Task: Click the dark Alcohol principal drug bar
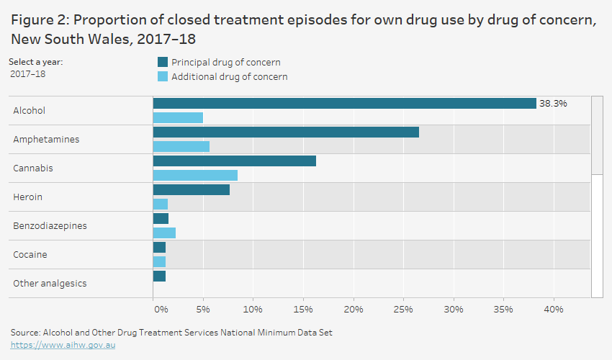pyautogui.click(x=344, y=104)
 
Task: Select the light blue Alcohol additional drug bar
pyautogui.click(x=178, y=117)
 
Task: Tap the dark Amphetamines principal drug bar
pyautogui.click(x=286, y=132)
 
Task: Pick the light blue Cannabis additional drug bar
pyautogui.click(x=195, y=175)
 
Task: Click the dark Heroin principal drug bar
pyautogui.click(x=192, y=190)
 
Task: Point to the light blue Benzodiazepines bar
pyautogui.click(x=164, y=233)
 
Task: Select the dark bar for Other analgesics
pyautogui.click(x=159, y=276)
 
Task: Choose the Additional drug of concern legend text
pyautogui.click(x=229, y=77)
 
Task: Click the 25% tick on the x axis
pyautogui.click(x=403, y=310)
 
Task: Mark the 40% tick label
pyautogui.click(x=553, y=310)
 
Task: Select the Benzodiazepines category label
pyautogui.click(x=50, y=226)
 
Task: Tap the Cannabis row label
pyautogui.click(x=33, y=168)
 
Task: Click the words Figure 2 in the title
pyautogui.click(x=41, y=21)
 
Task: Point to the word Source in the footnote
pyautogui.click(x=25, y=333)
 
